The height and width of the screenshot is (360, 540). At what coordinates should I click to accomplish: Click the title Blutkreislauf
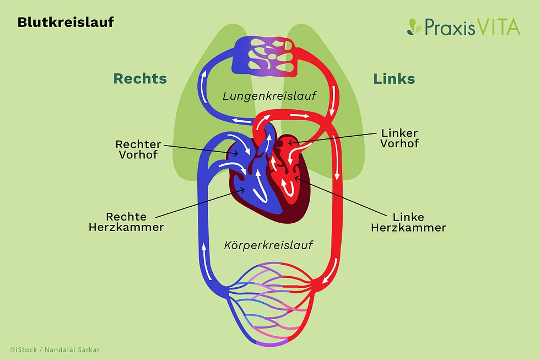click(66, 23)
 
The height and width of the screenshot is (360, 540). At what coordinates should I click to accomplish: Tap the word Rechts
click(140, 78)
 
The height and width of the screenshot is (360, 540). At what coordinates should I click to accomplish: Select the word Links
click(394, 78)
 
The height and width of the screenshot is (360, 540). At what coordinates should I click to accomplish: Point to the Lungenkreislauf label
click(269, 96)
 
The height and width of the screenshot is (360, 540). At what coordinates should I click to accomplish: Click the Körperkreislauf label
click(268, 245)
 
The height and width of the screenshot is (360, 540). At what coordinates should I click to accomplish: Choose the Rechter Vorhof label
click(138, 149)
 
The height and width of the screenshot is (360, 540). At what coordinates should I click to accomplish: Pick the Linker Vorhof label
click(399, 138)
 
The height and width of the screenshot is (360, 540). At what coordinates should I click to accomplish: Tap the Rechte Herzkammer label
click(126, 222)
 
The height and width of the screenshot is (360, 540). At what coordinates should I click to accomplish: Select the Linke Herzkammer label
click(408, 222)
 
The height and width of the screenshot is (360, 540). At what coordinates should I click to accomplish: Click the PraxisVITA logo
click(464, 26)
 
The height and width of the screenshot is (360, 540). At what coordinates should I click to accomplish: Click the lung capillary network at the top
click(266, 57)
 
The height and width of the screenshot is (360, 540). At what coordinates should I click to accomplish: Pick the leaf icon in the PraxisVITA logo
click(414, 27)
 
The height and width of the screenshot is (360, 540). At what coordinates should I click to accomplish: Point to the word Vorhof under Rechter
click(138, 155)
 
